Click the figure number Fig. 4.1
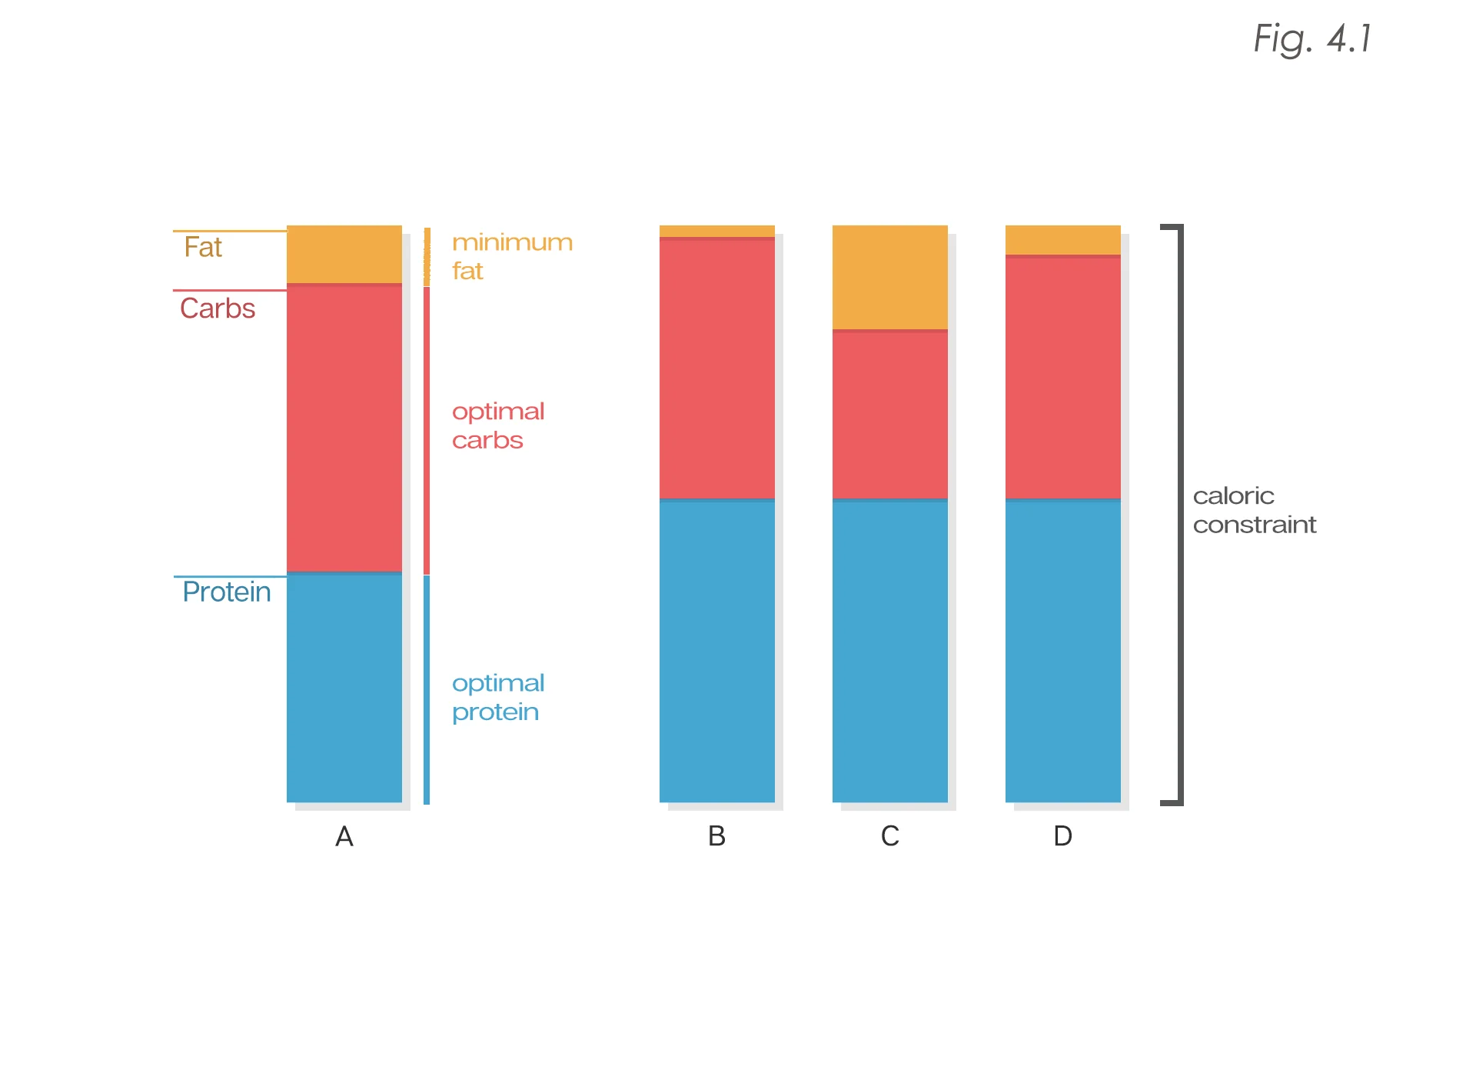pos(1312,38)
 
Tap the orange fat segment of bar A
pos(344,254)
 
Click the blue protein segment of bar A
pos(344,688)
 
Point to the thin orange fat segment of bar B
pos(716,231)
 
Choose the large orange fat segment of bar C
pos(889,277)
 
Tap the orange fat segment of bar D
pos(1062,240)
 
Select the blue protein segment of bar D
pos(1062,651)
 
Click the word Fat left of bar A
pos(203,248)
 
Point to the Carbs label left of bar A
pos(218,308)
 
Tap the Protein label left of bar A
pos(227,592)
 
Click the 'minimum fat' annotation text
pos(512,256)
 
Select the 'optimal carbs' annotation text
pos(498,425)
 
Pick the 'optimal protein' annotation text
pos(498,697)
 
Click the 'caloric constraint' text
pos(1254,510)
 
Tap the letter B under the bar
pos(716,836)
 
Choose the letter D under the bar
pos(1062,836)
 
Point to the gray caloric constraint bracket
pos(1180,514)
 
